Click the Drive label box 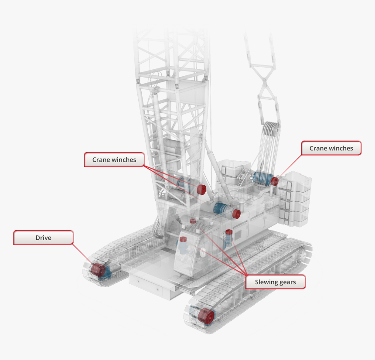43,238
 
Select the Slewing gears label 275,282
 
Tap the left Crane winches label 114,160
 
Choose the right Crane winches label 331,148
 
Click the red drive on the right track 204,316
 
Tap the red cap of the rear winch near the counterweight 275,180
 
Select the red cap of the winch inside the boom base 201,189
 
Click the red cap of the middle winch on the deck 236,214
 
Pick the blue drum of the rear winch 261,179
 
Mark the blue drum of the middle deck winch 225,210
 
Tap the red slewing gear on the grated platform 193,221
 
